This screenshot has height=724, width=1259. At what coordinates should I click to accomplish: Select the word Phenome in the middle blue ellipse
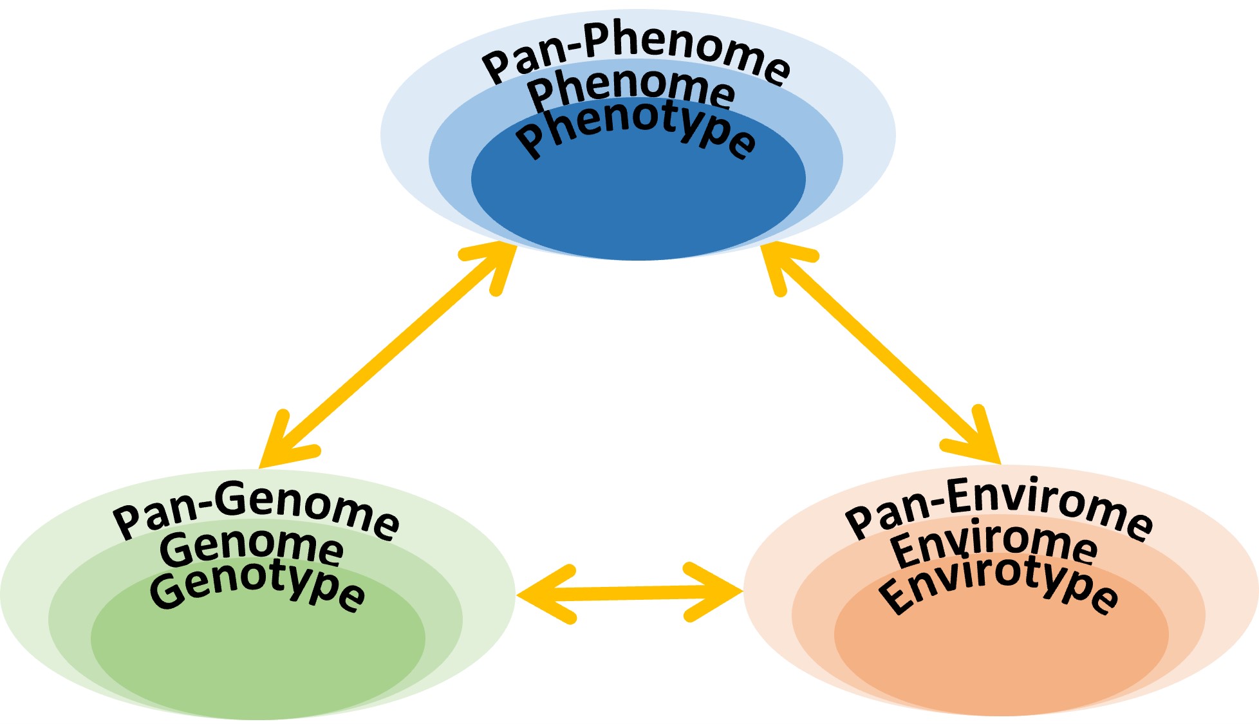(x=631, y=90)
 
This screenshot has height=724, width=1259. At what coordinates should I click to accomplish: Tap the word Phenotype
(x=636, y=129)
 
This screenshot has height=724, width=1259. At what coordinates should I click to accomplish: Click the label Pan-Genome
(x=256, y=511)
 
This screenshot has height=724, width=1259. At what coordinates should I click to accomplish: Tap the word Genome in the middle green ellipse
(x=251, y=547)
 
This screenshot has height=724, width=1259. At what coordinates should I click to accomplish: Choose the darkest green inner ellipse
(x=257, y=656)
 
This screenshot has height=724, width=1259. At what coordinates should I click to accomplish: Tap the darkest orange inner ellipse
(x=1001, y=656)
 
